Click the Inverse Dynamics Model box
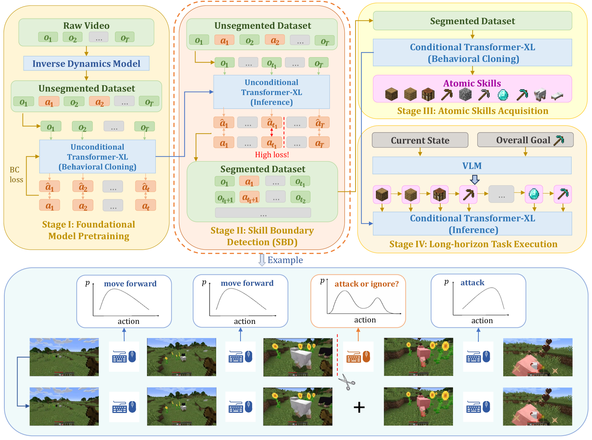point(86,64)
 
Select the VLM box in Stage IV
point(472,166)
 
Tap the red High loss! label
point(272,155)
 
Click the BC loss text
point(16,175)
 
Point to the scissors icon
point(347,383)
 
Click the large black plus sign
point(359,407)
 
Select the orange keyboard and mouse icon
point(358,357)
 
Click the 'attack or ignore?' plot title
point(366,284)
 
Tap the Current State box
point(420,140)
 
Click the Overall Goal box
point(525,140)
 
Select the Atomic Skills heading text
point(472,83)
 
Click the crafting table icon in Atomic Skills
point(428,95)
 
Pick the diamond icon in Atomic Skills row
point(503,95)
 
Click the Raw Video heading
point(86,26)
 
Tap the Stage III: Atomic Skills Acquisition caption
point(472,111)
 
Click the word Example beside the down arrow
point(285,260)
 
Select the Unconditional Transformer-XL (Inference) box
point(271,92)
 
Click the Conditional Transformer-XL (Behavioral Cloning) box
point(472,53)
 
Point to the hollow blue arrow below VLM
point(475,179)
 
